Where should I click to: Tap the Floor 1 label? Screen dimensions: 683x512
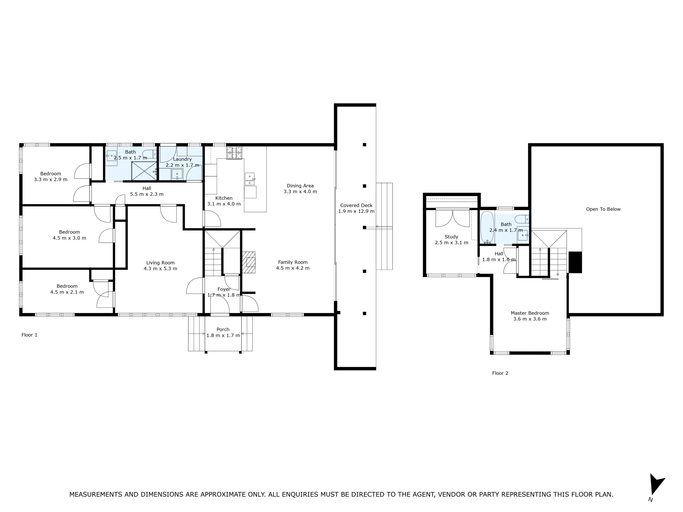click(29, 335)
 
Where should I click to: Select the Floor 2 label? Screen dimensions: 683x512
click(500, 373)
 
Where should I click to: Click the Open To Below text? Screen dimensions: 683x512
click(603, 209)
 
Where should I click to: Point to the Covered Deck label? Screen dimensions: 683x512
click(356, 205)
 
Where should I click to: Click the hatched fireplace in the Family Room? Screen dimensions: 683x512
click(249, 262)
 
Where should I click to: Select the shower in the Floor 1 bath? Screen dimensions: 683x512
click(144, 171)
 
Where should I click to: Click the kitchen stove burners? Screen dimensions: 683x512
click(234, 153)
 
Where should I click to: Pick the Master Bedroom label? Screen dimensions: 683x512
click(530, 313)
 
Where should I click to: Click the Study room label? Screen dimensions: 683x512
click(451, 237)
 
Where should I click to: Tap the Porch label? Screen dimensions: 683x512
click(223, 329)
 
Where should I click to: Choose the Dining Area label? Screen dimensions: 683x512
click(300, 186)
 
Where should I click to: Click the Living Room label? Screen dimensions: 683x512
click(160, 263)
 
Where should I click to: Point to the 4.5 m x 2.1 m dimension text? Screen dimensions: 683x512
click(67, 292)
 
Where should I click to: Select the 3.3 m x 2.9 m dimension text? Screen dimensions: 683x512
click(51, 179)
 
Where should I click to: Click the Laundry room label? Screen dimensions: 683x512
click(182, 159)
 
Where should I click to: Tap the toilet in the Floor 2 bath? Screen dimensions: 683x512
click(522, 219)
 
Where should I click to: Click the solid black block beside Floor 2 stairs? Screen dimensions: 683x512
click(575, 262)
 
